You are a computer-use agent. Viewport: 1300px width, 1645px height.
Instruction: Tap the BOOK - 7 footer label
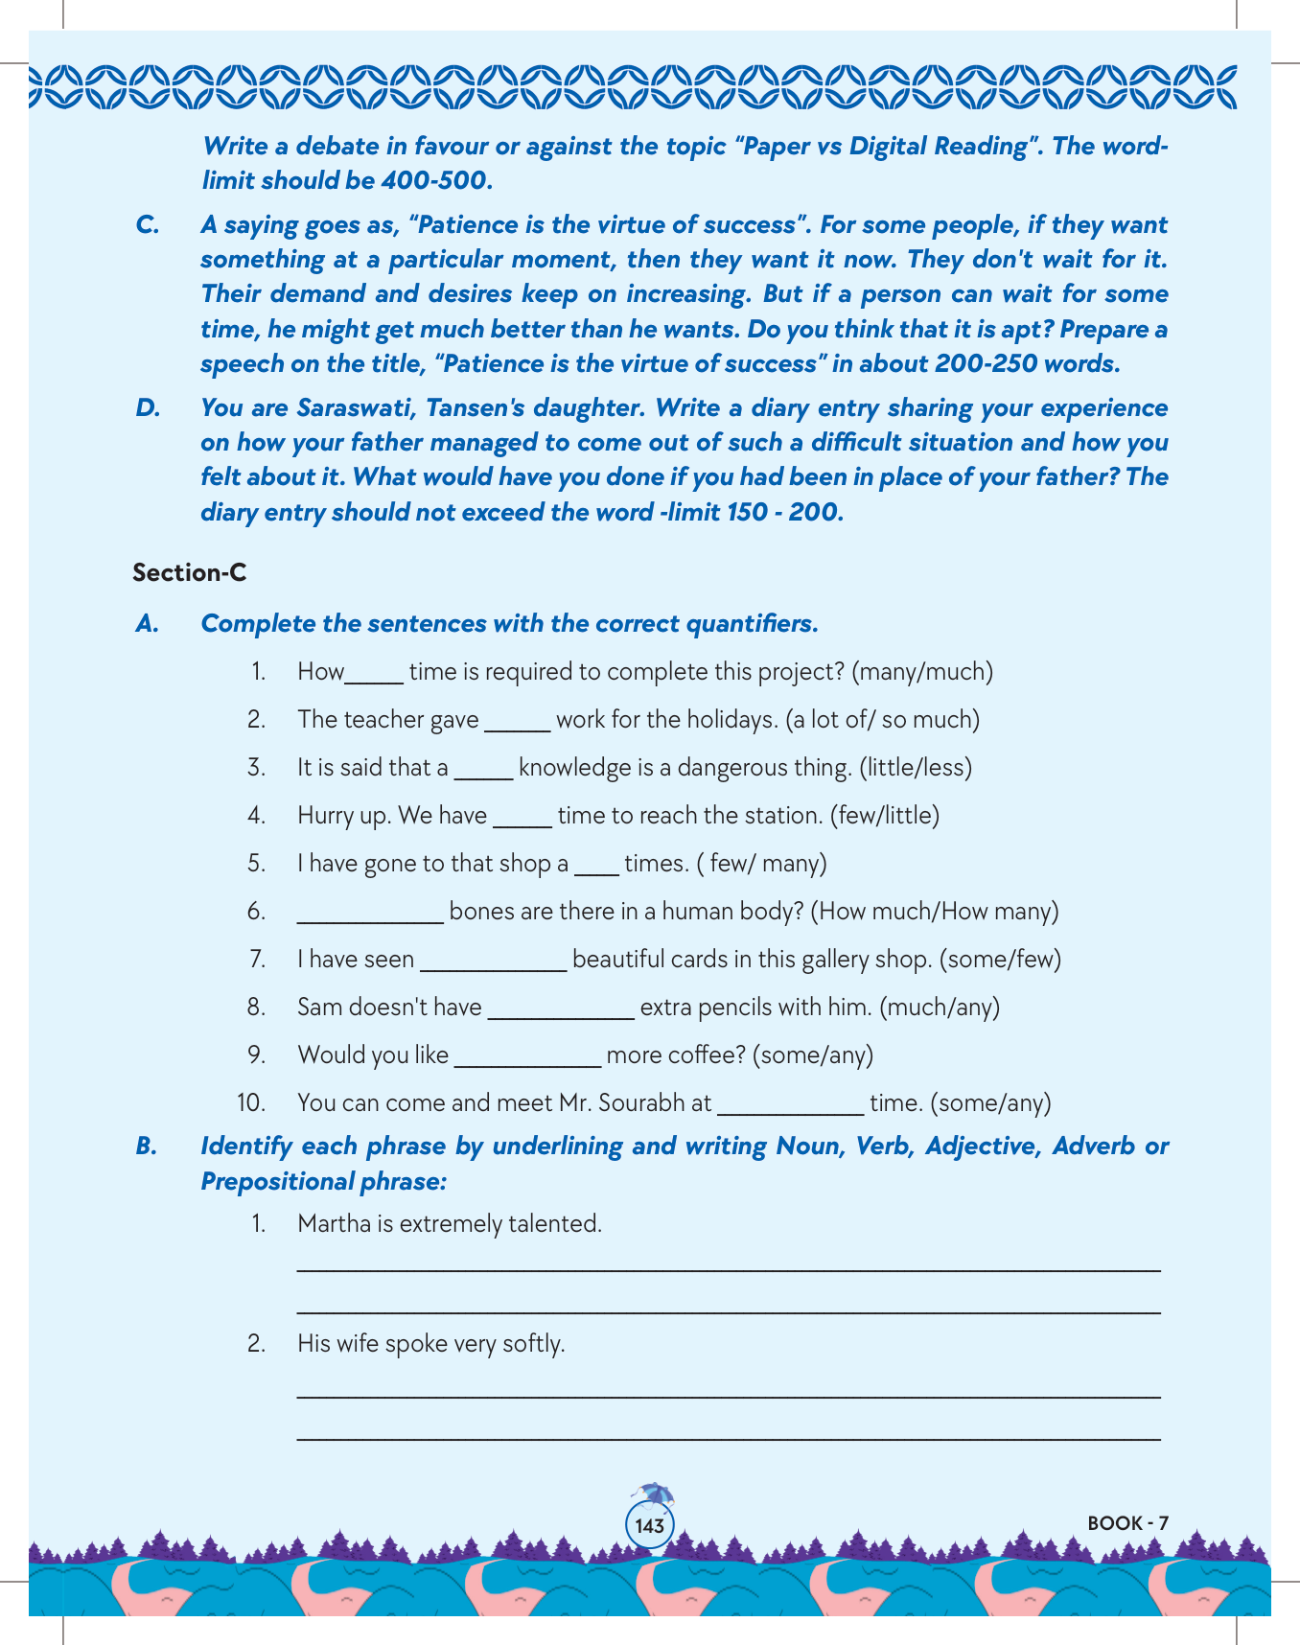click(x=1127, y=1523)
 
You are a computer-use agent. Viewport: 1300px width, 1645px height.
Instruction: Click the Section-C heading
click(x=190, y=572)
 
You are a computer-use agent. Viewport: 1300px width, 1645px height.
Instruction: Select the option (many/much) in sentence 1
click(x=922, y=671)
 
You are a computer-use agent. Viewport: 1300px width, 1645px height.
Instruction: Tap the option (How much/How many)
click(x=935, y=911)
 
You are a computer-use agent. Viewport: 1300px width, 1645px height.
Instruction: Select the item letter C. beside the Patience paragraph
click(x=147, y=224)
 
